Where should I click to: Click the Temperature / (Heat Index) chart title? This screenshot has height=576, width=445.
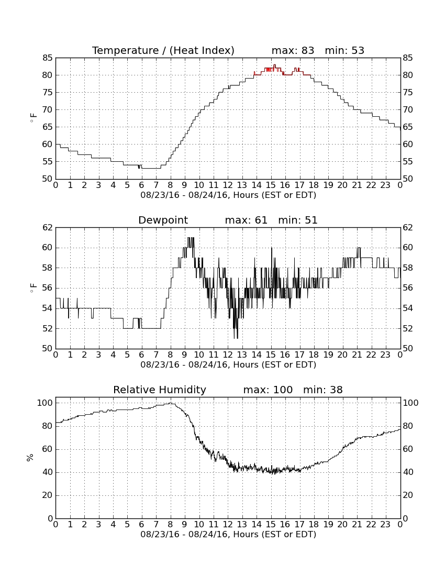coord(163,50)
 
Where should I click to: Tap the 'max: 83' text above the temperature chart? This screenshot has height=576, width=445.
coord(293,50)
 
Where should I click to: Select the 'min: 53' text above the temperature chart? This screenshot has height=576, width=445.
coord(344,50)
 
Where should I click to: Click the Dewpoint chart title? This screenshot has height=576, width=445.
coord(163,220)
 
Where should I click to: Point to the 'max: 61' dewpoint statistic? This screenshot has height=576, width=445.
coord(246,220)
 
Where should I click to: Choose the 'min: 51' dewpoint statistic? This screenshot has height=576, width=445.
coord(298,220)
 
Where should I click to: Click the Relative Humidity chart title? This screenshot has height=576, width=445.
coord(160,390)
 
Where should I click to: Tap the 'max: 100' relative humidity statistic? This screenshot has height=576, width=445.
coord(268,390)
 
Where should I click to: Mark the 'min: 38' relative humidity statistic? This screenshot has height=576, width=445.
coord(323,390)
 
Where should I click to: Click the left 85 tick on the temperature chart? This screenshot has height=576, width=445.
coord(48,58)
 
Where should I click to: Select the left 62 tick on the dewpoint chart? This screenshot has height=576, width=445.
coord(48,228)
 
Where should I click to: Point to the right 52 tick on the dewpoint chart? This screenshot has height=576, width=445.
coord(408,328)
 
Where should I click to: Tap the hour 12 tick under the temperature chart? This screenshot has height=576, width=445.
coord(228,185)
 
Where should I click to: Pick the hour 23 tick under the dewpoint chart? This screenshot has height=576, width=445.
coord(385,355)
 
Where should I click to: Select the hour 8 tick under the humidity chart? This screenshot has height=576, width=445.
coord(170,525)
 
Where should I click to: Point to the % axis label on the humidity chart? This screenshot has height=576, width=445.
coord(30,458)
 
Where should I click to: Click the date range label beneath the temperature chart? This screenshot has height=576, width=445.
coord(228,195)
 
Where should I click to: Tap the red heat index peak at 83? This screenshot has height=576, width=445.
coord(275,65)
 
